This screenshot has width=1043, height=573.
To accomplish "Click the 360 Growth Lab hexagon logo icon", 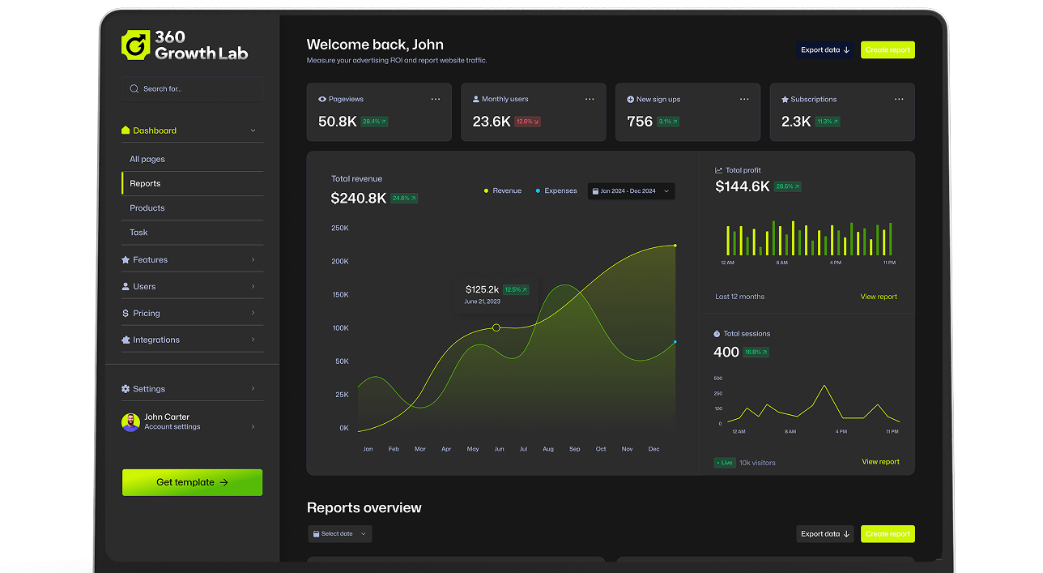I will click(x=135, y=45).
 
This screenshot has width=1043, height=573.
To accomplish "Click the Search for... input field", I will click(x=193, y=89).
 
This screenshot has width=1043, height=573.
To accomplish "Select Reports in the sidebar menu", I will click(x=146, y=184).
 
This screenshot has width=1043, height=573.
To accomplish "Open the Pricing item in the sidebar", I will click(x=147, y=314).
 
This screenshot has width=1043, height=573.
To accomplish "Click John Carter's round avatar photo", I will click(x=130, y=422).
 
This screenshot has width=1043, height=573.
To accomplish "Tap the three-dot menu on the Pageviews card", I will click(x=436, y=99).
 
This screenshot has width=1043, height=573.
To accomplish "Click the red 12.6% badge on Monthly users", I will click(x=528, y=122).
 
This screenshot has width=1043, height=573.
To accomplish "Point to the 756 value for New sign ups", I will click(x=640, y=122).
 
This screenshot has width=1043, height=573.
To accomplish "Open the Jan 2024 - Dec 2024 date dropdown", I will click(x=631, y=191).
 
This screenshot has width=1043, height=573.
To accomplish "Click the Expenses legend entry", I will click(x=560, y=191).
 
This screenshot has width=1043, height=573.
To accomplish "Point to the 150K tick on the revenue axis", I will click(x=340, y=295).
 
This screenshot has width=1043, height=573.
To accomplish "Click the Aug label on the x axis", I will click(x=548, y=449).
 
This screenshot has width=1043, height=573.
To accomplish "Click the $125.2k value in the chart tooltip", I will click(x=482, y=289).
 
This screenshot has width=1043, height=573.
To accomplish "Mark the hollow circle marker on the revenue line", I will click(x=496, y=327).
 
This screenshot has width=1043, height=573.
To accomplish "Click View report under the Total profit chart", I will click(x=879, y=297).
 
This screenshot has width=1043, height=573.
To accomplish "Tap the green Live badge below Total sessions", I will click(x=724, y=463).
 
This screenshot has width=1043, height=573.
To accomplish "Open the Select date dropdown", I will click(x=340, y=534).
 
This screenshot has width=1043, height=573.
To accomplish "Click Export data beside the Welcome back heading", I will click(x=824, y=50).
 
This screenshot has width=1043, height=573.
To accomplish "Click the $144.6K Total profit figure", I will click(x=743, y=186).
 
